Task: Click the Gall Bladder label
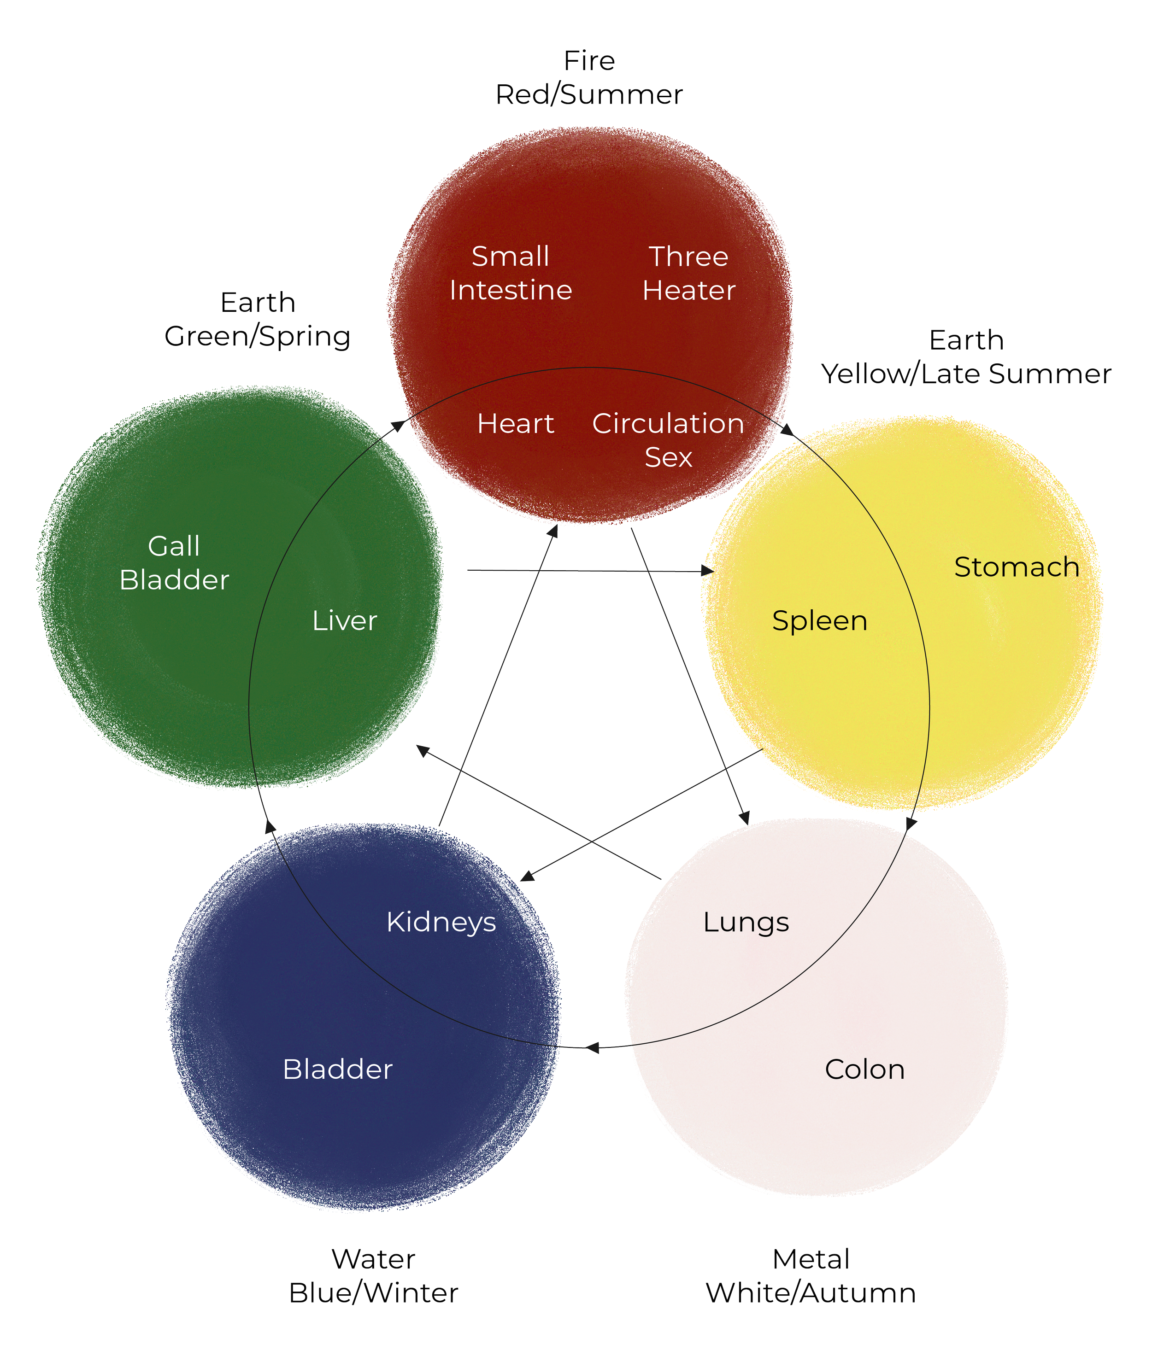click(174, 563)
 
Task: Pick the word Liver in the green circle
click(345, 621)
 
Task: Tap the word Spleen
click(820, 621)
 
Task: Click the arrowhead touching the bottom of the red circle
click(552, 531)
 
